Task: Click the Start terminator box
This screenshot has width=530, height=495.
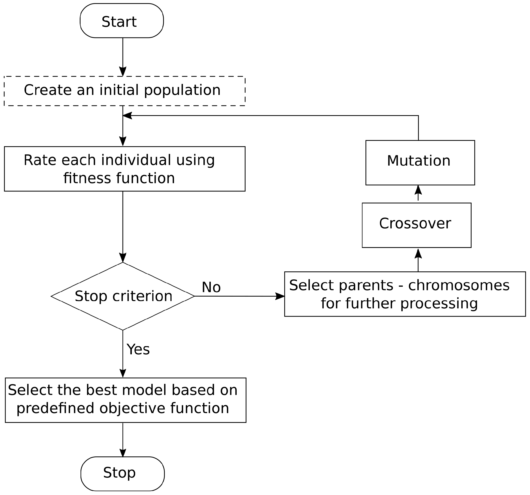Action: click(x=122, y=21)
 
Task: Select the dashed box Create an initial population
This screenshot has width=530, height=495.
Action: click(x=124, y=91)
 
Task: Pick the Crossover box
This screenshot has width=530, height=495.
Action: click(x=416, y=225)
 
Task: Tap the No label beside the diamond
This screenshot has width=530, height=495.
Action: click(x=211, y=287)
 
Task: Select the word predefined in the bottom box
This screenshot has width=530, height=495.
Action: click(x=56, y=408)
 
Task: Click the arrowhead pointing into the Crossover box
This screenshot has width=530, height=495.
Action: click(x=418, y=253)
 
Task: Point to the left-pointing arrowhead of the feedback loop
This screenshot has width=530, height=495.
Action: click(x=127, y=115)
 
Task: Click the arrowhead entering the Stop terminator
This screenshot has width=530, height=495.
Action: click(x=123, y=453)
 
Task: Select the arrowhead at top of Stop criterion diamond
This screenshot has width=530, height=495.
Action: click(x=123, y=257)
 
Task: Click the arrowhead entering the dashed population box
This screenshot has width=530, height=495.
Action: click(x=123, y=71)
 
